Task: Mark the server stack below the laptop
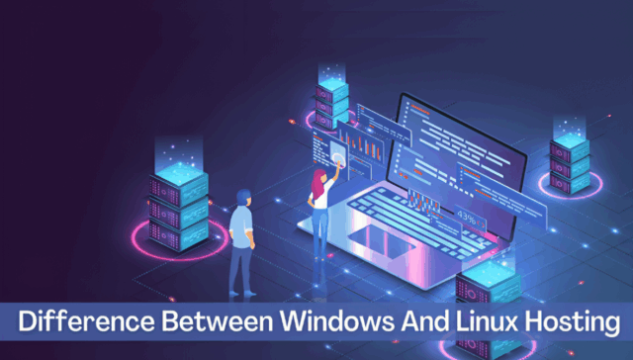pos(485,287)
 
